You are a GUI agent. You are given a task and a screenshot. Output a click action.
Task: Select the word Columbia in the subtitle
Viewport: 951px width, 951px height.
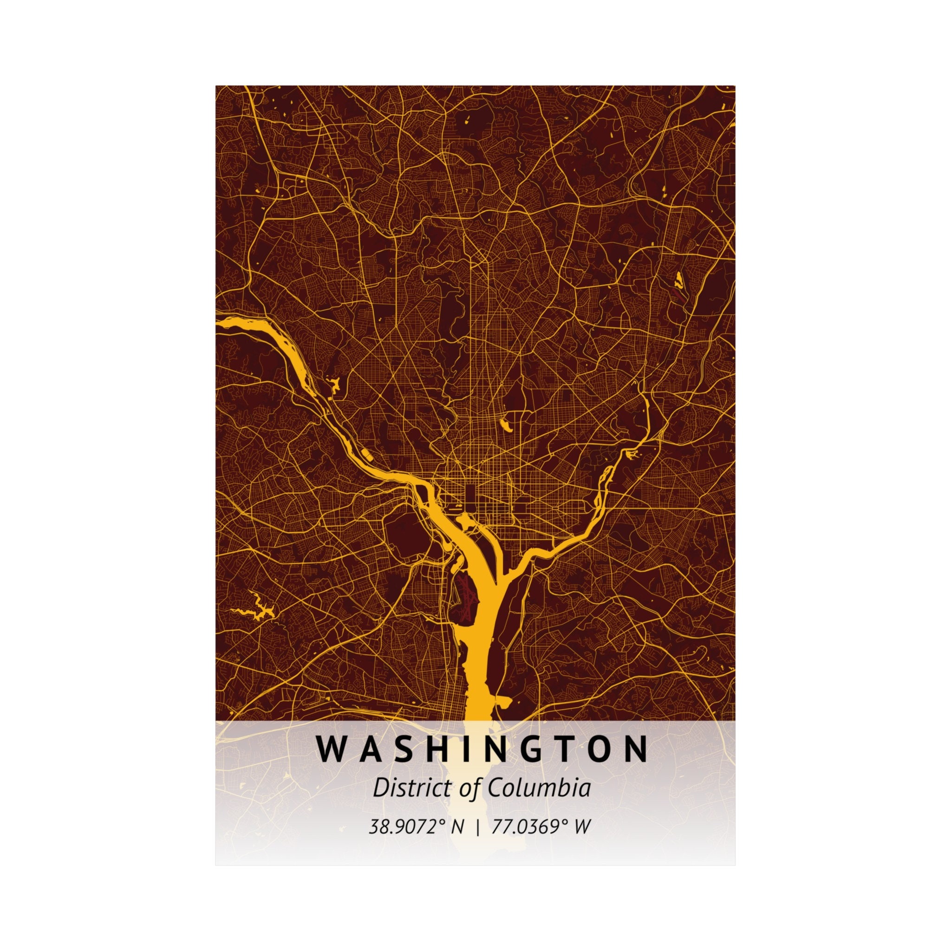click(539, 788)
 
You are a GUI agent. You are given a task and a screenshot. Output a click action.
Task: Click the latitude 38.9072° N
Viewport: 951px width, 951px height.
click(417, 827)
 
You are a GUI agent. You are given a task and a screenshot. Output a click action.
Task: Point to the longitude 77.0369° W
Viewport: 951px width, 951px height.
click(541, 827)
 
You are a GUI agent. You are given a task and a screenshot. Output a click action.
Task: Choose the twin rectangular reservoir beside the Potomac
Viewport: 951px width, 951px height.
click(366, 452)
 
